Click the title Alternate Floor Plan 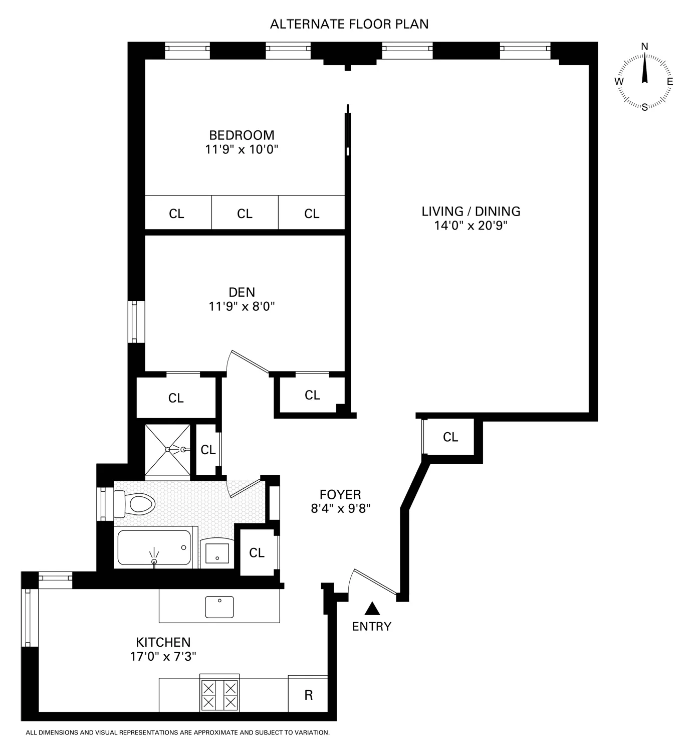[349, 24]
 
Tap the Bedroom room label [242, 135]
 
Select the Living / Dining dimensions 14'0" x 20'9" [471, 226]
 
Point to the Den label [242, 292]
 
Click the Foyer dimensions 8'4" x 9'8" [340, 509]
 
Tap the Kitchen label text [163, 642]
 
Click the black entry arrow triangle [371, 608]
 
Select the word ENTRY [371, 626]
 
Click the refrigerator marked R [308, 695]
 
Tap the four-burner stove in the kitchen [219, 694]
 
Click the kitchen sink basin [219, 607]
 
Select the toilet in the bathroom [134, 503]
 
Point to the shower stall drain [183, 450]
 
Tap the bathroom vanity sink [217, 554]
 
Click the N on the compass [645, 47]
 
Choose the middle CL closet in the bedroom [245, 214]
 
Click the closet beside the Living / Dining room [450, 437]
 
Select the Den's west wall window [134, 321]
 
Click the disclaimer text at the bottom [177, 732]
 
